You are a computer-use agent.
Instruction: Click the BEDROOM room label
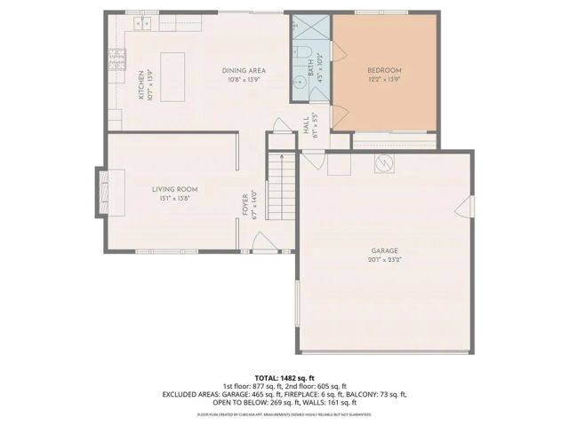384,70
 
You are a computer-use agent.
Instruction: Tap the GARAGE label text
385,251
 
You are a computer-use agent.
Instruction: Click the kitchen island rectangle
172,69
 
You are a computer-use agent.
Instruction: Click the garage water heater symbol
384,163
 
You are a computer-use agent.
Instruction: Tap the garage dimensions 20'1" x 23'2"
385,261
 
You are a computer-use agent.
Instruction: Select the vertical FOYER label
246,206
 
